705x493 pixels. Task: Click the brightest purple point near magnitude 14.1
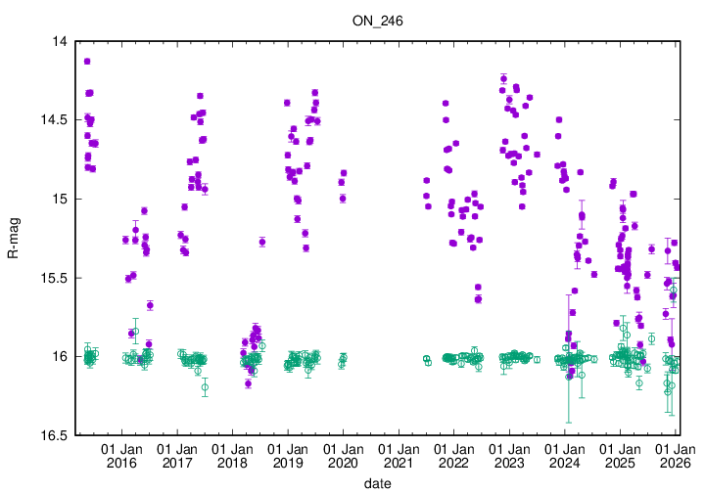[x=87, y=61]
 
